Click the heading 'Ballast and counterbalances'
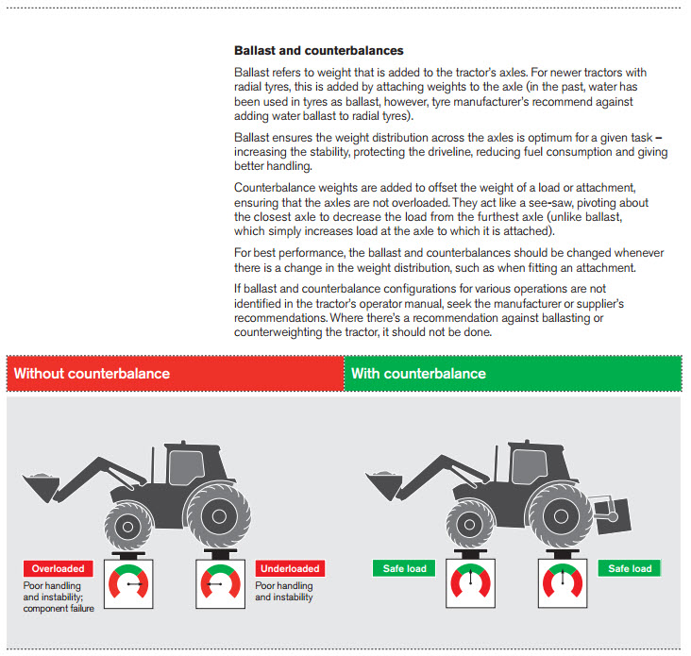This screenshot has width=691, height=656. [318, 50]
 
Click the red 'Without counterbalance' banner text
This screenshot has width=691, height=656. [92, 374]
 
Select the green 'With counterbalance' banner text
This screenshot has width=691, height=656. [418, 374]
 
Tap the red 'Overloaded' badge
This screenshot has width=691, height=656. [59, 568]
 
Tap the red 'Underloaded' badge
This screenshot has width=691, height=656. [289, 568]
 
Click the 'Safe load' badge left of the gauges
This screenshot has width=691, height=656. [405, 568]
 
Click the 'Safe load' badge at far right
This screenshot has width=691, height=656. [630, 568]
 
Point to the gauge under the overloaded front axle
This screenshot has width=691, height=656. [127, 584]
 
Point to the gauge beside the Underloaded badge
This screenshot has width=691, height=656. [222, 584]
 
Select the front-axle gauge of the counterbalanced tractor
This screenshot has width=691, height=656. [469, 584]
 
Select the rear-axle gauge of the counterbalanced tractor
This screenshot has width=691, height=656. [563, 584]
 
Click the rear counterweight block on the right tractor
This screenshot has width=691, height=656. [606, 511]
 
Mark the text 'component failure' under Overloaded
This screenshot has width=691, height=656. [59, 609]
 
